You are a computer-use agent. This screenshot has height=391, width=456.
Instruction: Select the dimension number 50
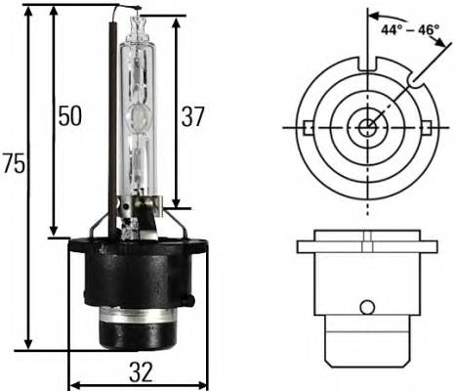[68, 116]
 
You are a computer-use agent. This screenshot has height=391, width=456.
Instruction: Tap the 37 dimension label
[193, 116]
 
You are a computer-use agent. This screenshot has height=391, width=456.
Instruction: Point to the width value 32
[141, 372]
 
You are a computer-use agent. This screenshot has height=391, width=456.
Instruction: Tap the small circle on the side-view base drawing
[367, 307]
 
